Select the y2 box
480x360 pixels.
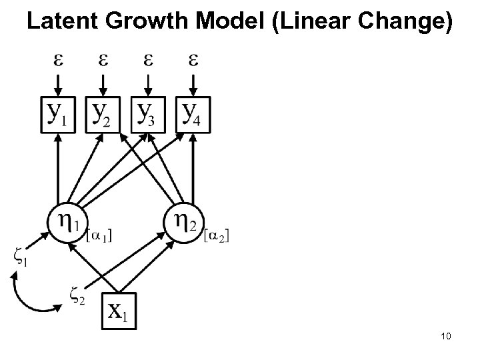pyautogui.click(x=102, y=115)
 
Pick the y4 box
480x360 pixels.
pyautogui.click(x=192, y=115)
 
